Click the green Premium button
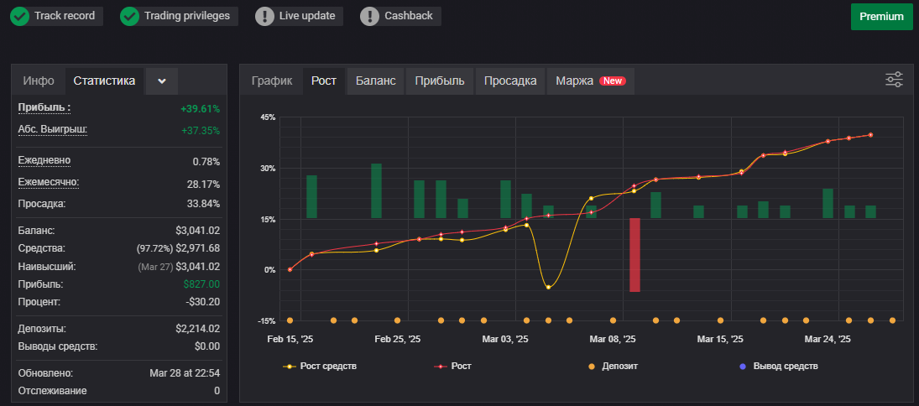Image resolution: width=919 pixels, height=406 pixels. pyautogui.click(x=881, y=17)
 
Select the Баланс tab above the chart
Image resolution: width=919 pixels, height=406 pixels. pyautogui.click(x=376, y=81)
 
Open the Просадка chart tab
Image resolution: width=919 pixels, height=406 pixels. pyautogui.click(x=510, y=81)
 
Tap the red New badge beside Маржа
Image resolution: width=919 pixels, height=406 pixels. pyautogui.click(x=613, y=81)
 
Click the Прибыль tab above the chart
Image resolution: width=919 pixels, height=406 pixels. pyautogui.click(x=440, y=81)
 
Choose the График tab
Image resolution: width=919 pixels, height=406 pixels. pyautogui.click(x=272, y=81)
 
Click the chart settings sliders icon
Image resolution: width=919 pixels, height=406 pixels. pyautogui.click(x=894, y=80)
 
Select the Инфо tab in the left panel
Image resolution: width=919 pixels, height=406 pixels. pyautogui.click(x=39, y=81)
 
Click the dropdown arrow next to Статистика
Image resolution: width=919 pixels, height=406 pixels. pyautogui.click(x=162, y=81)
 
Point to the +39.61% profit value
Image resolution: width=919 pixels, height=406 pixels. pyautogui.click(x=201, y=108)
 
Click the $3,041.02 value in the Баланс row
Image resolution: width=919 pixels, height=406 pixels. pyautogui.click(x=197, y=231)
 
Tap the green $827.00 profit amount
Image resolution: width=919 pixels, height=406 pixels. pyautogui.click(x=201, y=284)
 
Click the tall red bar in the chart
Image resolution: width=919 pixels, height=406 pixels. pyautogui.click(x=634, y=255)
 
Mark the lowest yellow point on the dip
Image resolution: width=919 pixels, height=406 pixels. pyautogui.click(x=548, y=287)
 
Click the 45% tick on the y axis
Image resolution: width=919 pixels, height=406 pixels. pyautogui.click(x=267, y=117)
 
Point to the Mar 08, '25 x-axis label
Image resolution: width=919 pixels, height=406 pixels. pyautogui.click(x=612, y=339)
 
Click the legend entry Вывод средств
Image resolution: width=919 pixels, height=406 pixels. pyautogui.click(x=779, y=367)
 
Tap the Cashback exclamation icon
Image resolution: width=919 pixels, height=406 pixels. pyautogui.click(x=370, y=16)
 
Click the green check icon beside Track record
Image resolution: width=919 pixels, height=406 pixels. pyautogui.click(x=20, y=16)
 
